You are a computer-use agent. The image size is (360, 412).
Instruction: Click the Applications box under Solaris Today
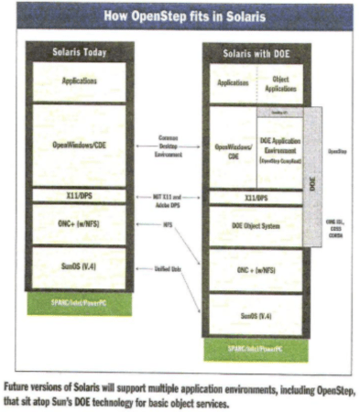[x=81, y=81]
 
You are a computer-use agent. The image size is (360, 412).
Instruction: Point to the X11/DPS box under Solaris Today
[x=81, y=193]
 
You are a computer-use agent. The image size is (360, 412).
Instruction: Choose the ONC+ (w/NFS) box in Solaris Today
[x=81, y=224]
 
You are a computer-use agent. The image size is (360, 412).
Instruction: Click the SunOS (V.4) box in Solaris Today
[x=81, y=267]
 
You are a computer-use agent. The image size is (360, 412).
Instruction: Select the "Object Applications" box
[x=281, y=83]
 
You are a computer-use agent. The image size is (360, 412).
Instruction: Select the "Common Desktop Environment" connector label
[x=168, y=143]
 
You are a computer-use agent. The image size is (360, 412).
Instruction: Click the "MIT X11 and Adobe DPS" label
[x=168, y=200]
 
